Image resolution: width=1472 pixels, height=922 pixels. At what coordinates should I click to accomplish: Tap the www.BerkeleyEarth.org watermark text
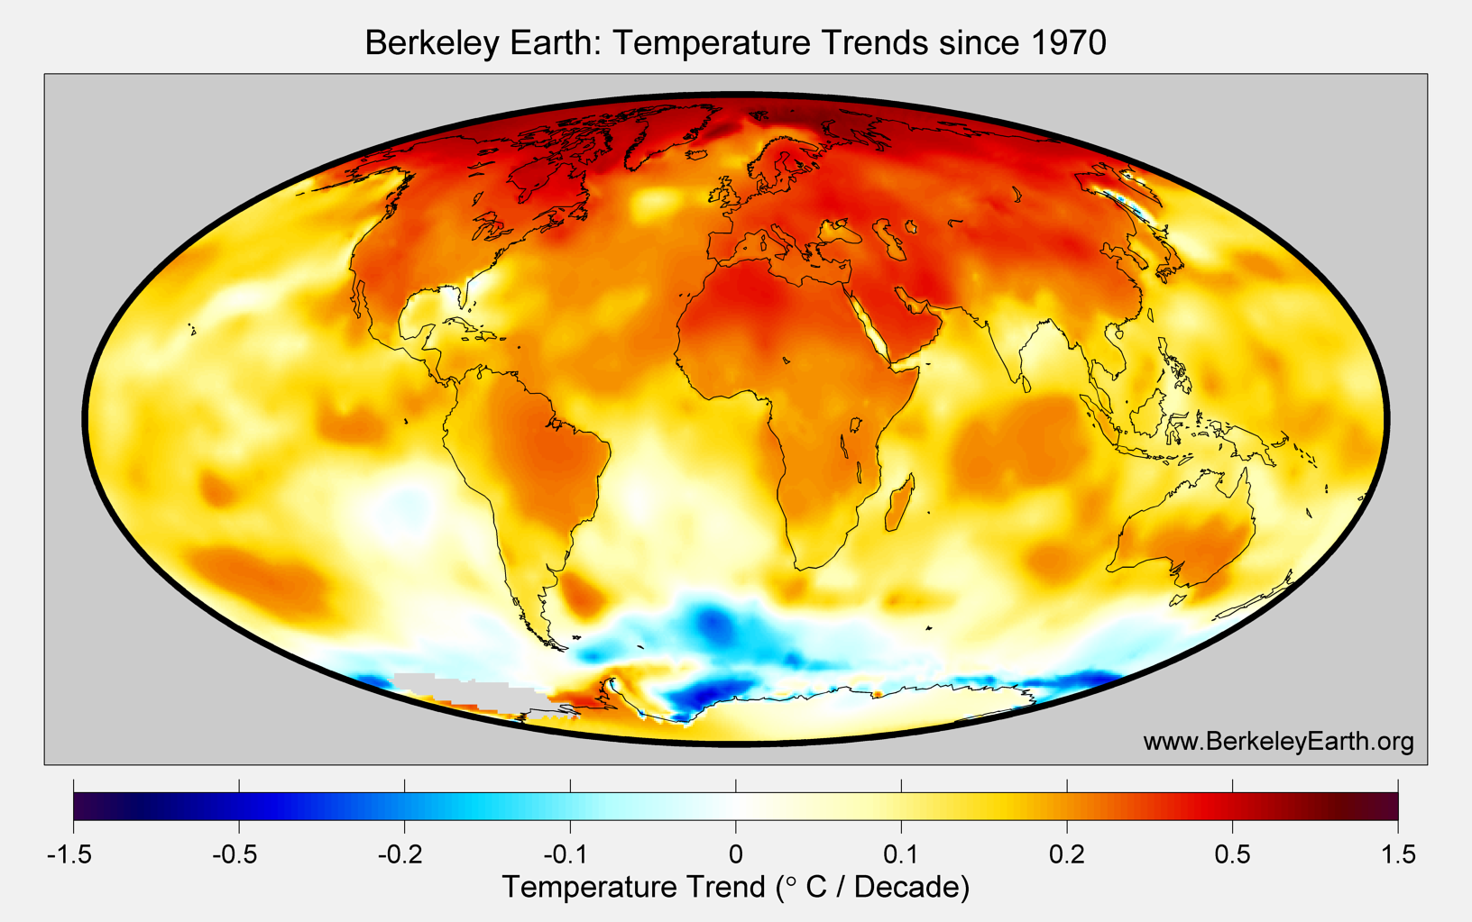pyautogui.click(x=1278, y=741)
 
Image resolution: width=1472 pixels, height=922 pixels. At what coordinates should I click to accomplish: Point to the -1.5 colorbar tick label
pyautogui.click(x=69, y=854)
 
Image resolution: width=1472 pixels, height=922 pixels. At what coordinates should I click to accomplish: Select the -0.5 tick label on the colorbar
pyautogui.click(x=238, y=854)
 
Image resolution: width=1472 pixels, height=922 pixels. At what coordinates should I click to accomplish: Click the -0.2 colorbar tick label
pyautogui.click(x=403, y=854)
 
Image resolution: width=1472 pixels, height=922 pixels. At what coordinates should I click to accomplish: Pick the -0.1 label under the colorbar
pyautogui.click(x=569, y=854)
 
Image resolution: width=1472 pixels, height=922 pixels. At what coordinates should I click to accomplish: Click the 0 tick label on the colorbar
pyautogui.click(x=736, y=854)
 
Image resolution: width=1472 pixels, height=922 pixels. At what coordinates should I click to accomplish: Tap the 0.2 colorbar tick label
pyautogui.click(x=1067, y=854)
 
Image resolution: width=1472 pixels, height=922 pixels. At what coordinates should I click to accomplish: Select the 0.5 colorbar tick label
pyautogui.click(x=1232, y=854)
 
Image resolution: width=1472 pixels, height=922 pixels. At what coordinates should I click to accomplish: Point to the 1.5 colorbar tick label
pyautogui.click(x=1398, y=854)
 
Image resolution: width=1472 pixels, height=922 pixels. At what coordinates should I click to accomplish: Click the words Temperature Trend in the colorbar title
pyautogui.click(x=633, y=887)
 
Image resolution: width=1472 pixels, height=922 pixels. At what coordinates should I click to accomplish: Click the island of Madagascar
pyautogui.click(x=899, y=505)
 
